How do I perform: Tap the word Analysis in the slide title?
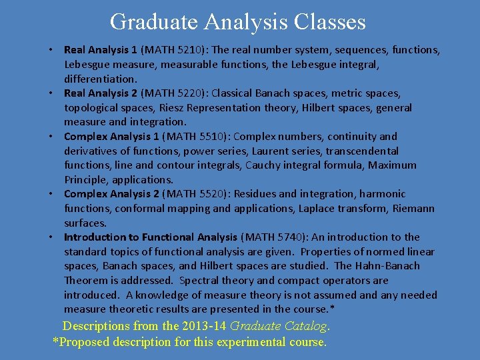(x=245, y=22)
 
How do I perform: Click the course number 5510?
(x=195, y=137)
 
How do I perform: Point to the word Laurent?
(x=269, y=151)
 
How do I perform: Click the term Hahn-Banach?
(x=387, y=266)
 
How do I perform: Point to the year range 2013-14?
(x=199, y=326)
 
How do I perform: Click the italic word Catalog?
(x=306, y=326)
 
